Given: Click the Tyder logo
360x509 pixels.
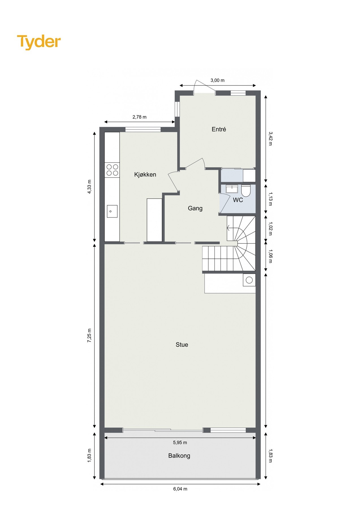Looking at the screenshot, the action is click(x=39, y=42).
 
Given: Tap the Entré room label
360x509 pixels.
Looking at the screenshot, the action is click(x=219, y=129).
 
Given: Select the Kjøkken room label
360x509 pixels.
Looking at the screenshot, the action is click(x=145, y=174).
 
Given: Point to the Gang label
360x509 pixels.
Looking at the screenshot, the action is click(x=195, y=208).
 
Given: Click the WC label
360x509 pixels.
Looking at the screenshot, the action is click(x=238, y=200).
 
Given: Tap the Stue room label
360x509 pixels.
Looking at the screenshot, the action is click(x=182, y=344).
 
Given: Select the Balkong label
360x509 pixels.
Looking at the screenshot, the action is click(x=179, y=456).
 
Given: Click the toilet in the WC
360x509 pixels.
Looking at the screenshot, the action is click(x=246, y=191).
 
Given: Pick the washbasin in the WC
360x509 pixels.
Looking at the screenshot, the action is click(x=232, y=189).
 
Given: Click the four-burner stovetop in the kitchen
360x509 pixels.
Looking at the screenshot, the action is click(x=112, y=170).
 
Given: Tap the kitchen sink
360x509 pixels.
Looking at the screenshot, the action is click(x=112, y=211).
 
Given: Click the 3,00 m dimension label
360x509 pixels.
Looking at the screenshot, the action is click(x=217, y=80).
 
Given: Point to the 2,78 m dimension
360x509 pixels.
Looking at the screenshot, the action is click(x=139, y=117).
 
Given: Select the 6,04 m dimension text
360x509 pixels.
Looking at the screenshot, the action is click(x=180, y=489).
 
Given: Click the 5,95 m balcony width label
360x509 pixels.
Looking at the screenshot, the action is click(x=180, y=443).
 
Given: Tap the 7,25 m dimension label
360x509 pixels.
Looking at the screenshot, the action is click(x=89, y=336).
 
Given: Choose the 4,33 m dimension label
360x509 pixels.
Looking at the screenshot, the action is click(x=89, y=187).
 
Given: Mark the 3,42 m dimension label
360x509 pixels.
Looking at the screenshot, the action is click(x=270, y=138).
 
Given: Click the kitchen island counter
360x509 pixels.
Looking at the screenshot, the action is click(x=154, y=220).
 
